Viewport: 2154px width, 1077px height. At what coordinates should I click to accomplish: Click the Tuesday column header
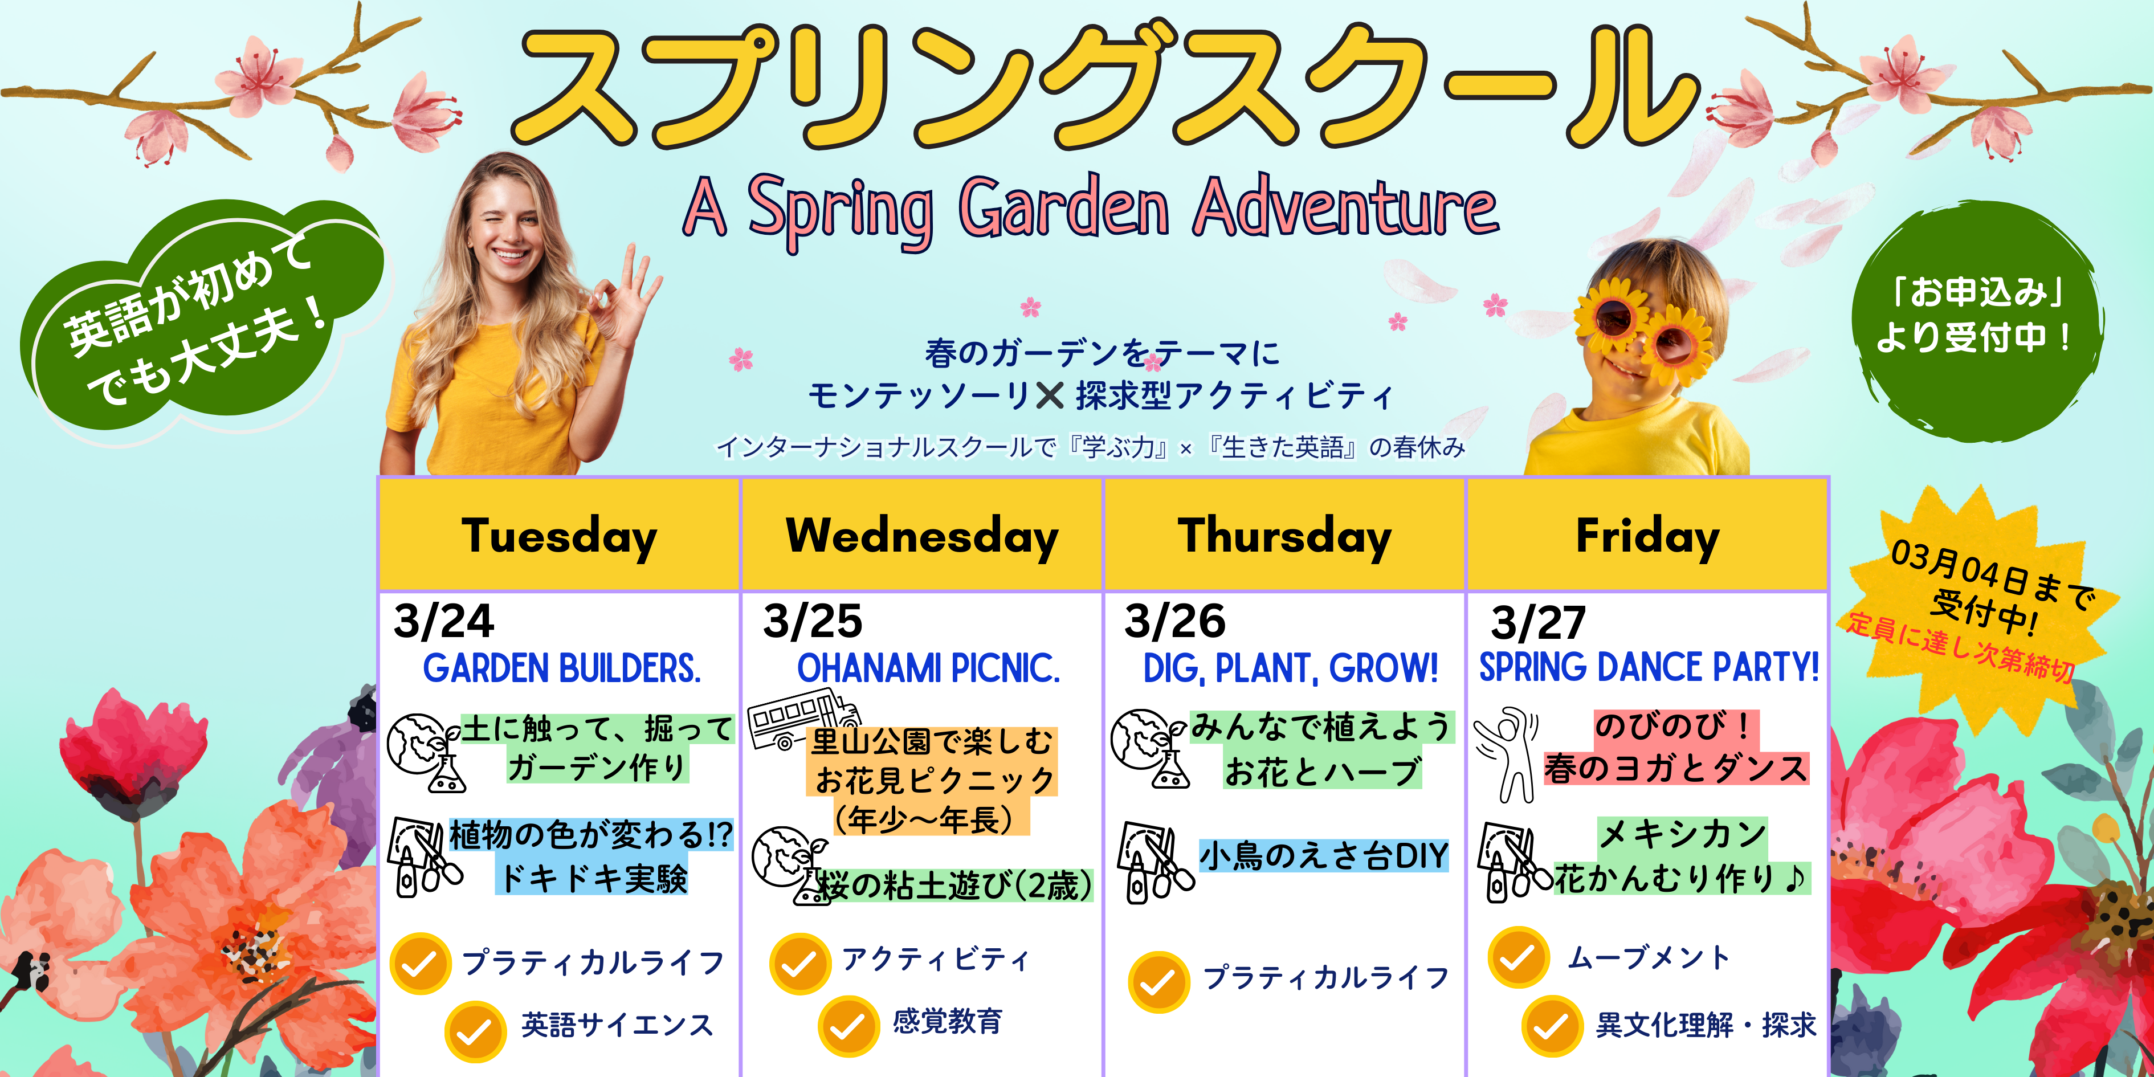[x=560, y=536]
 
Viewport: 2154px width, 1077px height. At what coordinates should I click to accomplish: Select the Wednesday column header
[x=923, y=536]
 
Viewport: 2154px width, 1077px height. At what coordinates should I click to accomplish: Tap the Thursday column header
[x=1284, y=536]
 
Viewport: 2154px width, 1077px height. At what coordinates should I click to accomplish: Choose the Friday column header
[x=1647, y=536]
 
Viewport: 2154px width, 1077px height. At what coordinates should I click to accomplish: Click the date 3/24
[x=444, y=621]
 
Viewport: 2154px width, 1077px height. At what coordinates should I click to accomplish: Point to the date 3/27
[x=1539, y=623]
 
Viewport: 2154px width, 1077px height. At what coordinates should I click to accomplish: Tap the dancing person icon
[x=1505, y=754]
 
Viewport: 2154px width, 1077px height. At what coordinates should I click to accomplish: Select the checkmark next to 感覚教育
[x=848, y=1026]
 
